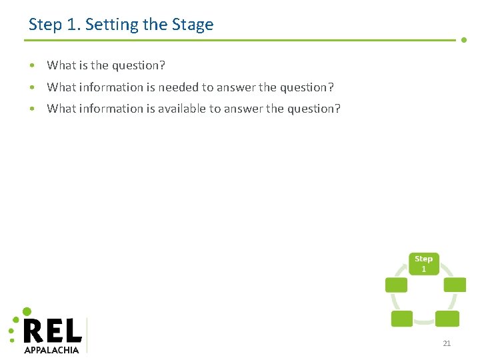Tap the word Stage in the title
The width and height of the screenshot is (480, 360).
[191, 25]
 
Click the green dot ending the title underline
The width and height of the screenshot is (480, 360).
[464, 40]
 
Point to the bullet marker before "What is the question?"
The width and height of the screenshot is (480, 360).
[32, 65]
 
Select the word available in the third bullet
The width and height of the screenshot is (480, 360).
[181, 109]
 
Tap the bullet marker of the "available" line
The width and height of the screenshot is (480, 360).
[32, 109]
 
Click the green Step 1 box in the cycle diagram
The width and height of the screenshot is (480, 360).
[423, 263]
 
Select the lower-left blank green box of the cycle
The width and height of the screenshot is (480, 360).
[401, 319]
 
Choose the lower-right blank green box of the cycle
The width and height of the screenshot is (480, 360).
[447, 319]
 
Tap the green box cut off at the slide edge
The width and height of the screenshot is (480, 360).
[455, 285]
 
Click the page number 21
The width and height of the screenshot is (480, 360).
[447, 343]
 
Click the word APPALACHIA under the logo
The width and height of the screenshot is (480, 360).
[51, 349]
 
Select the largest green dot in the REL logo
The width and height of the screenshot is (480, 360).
[27, 311]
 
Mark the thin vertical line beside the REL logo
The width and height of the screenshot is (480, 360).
[87, 335]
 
